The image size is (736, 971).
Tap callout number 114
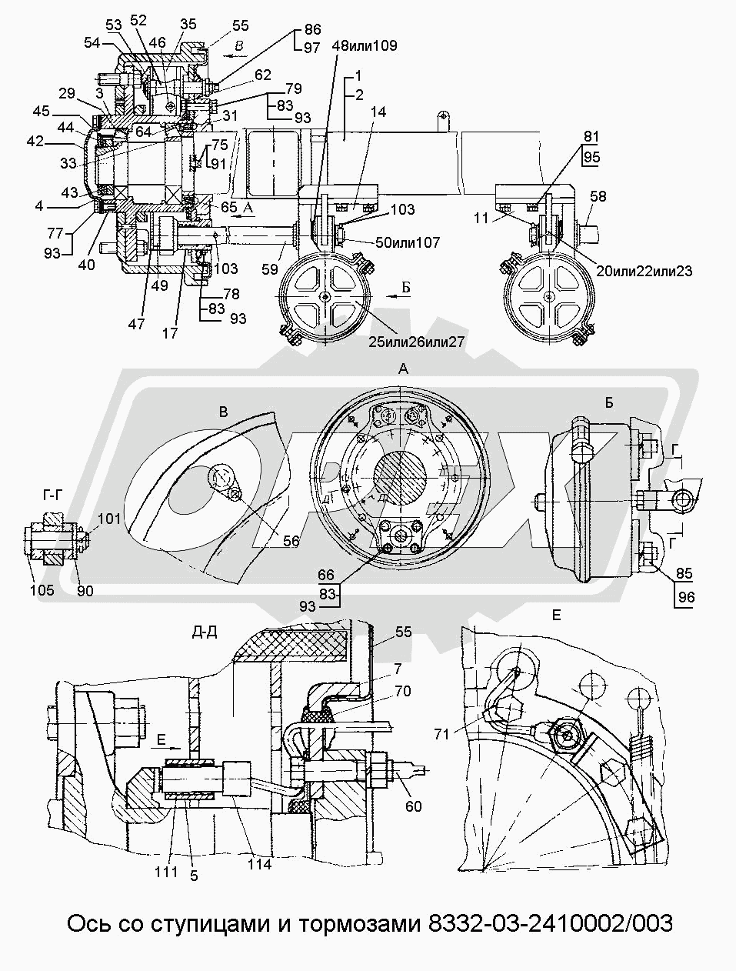point(259,864)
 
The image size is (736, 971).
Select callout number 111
point(165,872)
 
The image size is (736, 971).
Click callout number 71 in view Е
point(441,734)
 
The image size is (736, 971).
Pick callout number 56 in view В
point(290,541)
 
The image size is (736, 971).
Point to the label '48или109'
point(365,45)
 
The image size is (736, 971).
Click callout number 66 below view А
point(326,575)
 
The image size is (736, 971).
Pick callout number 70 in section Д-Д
point(402,692)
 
